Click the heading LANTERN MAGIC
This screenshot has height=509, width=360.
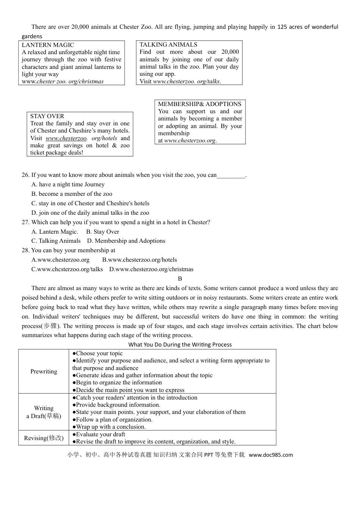48,45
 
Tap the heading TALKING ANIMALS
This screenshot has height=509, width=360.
168,45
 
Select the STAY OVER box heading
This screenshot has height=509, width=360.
47,116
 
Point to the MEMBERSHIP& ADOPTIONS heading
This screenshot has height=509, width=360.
199,104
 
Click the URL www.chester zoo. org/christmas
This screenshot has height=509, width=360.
63,81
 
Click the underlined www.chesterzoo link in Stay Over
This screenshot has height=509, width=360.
66,138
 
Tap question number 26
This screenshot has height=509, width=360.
25,175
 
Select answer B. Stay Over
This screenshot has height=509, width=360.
102,232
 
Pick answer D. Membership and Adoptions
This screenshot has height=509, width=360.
126,241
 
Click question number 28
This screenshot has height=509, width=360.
25,250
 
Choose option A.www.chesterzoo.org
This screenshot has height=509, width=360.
61,260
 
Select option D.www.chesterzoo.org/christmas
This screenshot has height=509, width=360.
151,269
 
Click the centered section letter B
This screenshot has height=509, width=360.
180,279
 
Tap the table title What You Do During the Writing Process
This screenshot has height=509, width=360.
180,345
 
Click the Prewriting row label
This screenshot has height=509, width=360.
44,372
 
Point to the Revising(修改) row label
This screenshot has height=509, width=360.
44,438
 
